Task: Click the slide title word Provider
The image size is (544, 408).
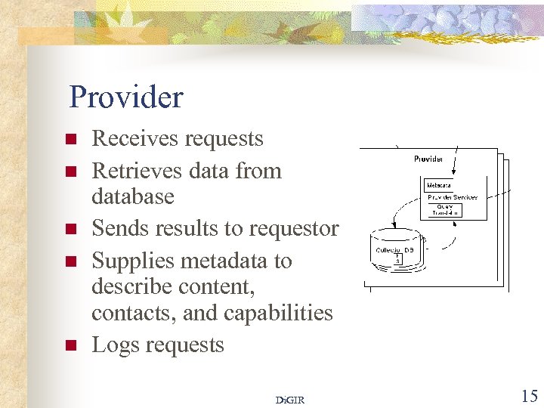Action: [x=125, y=97]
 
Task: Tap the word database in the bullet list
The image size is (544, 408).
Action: [x=132, y=196]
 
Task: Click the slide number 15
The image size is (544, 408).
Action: [x=528, y=395]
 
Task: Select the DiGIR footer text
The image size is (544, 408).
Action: [x=290, y=400]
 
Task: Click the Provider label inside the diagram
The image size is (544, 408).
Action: [x=428, y=159]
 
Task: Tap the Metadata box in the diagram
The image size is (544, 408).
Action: [x=439, y=185]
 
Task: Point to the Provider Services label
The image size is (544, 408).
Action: [x=453, y=197]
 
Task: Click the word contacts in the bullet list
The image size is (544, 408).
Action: [x=130, y=313]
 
